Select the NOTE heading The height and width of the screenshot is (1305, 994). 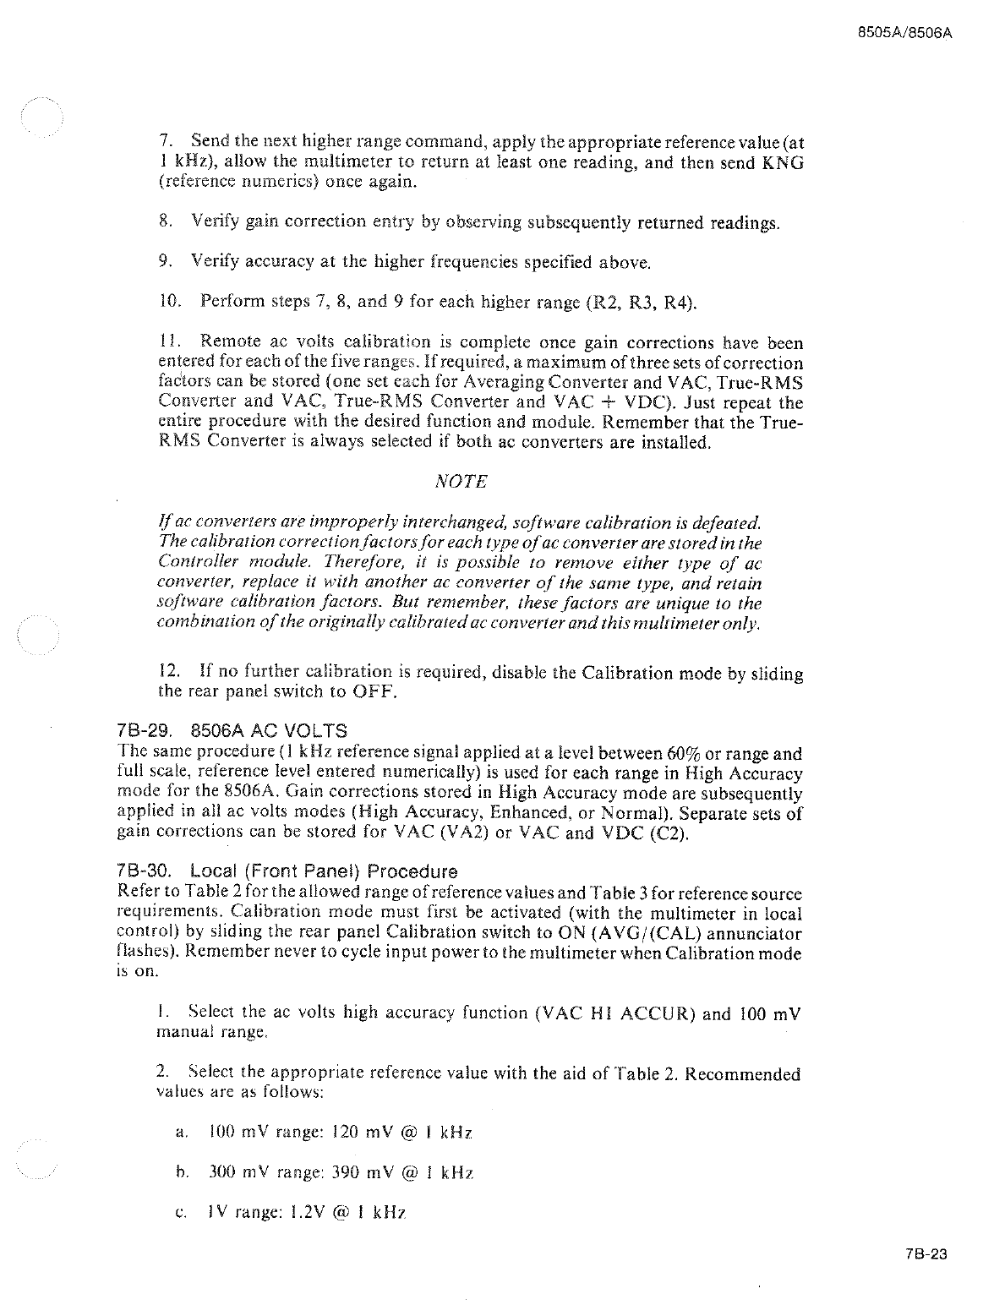point(459,481)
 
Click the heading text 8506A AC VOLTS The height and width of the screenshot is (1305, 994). point(268,731)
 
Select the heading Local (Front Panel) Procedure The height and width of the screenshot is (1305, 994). point(324,871)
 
